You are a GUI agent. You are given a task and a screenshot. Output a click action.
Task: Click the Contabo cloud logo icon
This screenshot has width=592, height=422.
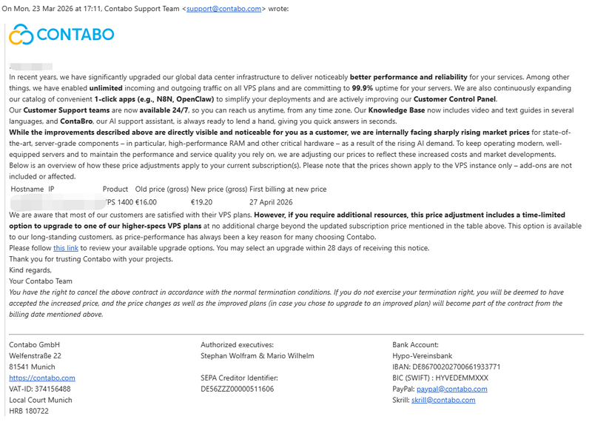(x=21, y=34)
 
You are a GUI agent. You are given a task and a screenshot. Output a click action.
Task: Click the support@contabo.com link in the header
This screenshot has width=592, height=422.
(x=223, y=9)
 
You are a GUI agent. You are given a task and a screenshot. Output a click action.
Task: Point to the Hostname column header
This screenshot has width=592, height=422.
(x=27, y=190)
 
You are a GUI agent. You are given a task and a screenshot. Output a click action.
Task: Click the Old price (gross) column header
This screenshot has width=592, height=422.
(x=161, y=190)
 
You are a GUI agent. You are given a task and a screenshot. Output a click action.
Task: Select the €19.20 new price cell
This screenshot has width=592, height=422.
(x=201, y=201)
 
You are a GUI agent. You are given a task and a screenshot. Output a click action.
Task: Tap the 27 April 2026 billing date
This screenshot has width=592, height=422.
(x=271, y=201)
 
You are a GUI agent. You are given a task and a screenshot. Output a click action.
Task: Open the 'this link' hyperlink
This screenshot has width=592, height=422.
(x=66, y=248)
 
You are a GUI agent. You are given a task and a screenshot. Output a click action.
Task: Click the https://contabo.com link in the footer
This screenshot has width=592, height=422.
(x=41, y=378)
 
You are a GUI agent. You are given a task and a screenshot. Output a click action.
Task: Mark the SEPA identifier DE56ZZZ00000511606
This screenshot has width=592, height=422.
(x=237, y=389)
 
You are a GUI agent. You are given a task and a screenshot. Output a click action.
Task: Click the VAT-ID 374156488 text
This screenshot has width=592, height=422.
(x=40, y=389)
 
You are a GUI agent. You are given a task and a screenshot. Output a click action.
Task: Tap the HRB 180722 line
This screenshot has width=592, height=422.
(x=29, y=411)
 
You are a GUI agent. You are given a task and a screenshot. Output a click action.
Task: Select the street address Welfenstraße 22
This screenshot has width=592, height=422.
(x=35, y=355)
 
